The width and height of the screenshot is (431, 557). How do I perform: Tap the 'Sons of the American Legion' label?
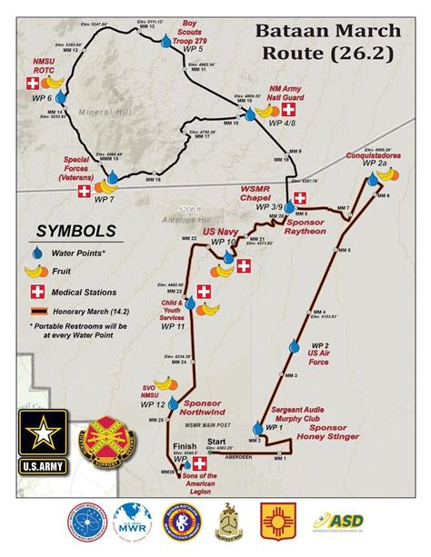tap(212, 480)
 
